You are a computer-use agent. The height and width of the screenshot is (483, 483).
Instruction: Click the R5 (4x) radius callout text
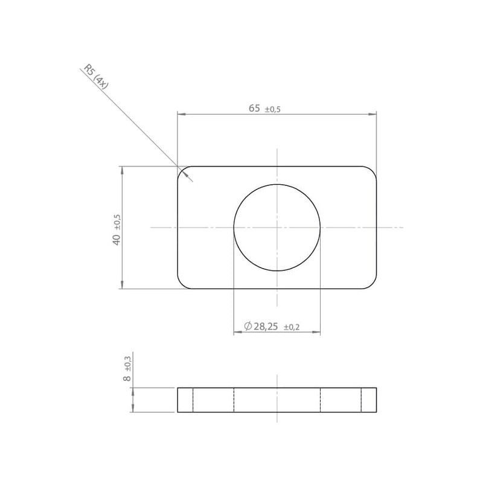click(97, 77)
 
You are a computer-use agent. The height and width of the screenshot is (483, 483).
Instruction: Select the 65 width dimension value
click(254, 109)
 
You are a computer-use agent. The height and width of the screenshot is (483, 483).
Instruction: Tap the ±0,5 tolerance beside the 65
click(273, 109)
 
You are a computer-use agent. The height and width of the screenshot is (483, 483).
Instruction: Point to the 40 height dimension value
click(117, 240)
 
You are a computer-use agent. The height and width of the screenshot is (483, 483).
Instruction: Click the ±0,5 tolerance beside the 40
click(117, 222)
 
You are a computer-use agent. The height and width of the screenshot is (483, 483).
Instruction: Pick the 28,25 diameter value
click(266, 327)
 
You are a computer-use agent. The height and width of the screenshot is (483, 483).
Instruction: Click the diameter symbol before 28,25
click(248, 326)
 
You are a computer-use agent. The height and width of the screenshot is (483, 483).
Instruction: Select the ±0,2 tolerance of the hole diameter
click(292, 327)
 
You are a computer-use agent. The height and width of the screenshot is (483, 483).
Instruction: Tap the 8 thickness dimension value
click(127, 378)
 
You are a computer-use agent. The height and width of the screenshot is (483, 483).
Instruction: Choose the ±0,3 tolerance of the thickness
click(127, 363)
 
